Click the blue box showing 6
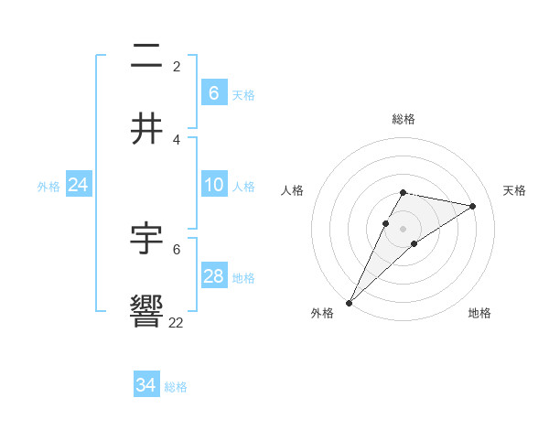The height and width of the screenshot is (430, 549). [x=213, y=93]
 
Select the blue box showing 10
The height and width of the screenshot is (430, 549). [x=213, y=186]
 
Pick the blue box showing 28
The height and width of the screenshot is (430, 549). [x=213, y=277]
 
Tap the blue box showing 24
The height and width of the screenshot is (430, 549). [x=78, y=186]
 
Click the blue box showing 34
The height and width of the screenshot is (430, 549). [x=145, y=386]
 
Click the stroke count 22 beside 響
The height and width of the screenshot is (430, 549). [x=177, y=322]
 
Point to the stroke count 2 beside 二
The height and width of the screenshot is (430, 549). [x=177, y=66]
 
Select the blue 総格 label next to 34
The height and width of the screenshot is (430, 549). [x=176, y=387]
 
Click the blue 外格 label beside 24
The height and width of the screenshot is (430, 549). [x=48, y=187]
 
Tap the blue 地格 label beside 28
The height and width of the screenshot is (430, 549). [x=243, y=278]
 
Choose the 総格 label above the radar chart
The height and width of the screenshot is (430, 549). [x=404, y=119]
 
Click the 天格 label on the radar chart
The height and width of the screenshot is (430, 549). [x=514, y=190]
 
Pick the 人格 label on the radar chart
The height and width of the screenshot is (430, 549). [x=293, y=190]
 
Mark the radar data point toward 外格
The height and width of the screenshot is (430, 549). [x=349, y=302]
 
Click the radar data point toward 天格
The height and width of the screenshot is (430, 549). [x=473, y=206]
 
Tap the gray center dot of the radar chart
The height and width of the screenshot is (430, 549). [x=404, y=229]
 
